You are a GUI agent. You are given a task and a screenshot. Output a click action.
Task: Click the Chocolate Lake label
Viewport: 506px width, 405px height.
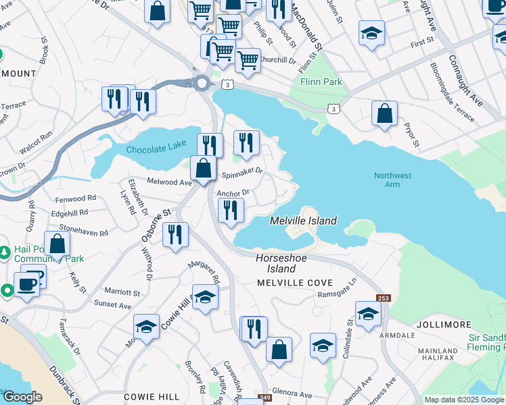[x=154, y=148]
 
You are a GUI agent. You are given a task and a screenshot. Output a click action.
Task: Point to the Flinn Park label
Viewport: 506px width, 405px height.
[x=321, y=82]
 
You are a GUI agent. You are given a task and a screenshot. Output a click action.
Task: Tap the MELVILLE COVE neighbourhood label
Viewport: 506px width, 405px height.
[x=294, y=283]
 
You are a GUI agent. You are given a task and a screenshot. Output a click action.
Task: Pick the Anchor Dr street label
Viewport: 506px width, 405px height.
[x=233, y=192]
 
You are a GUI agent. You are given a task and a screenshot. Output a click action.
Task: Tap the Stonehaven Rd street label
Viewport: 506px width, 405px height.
[x=83, y=231]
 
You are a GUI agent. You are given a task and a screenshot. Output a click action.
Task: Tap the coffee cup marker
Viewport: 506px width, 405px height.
[x=27, y=283]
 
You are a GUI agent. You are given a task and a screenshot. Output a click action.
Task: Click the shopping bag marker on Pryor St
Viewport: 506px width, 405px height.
[x=384, y=114]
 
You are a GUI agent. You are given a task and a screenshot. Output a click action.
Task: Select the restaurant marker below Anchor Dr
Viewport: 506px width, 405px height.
[x=231, y=211]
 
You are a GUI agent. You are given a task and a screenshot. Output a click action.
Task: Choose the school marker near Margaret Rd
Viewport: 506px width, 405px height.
[x=205, y=297]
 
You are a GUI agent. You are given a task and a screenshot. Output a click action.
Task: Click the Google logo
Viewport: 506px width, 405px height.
[x=22, y=397]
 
